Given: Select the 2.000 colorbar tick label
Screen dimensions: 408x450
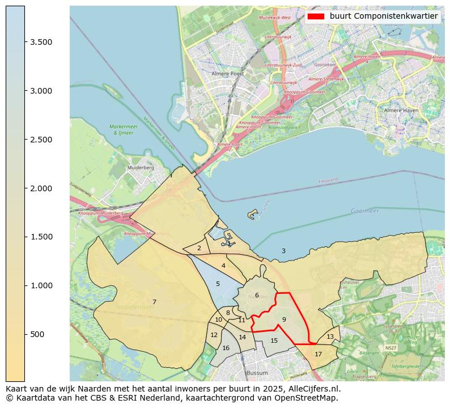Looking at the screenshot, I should pos(41,188).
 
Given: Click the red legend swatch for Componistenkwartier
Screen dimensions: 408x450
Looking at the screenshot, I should pos(315,16).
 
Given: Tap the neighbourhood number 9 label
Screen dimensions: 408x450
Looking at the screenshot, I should pos(284,319).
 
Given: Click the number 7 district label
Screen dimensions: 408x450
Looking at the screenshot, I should pos(154,302).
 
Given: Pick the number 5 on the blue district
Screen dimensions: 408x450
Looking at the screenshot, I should pos(218,284).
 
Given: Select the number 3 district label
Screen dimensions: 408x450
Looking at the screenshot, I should pos(283,251).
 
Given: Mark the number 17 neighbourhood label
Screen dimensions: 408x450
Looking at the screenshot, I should pos(318,354).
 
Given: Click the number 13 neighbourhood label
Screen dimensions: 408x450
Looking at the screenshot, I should pos(330,337).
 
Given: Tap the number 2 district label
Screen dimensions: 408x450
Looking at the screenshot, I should pos(199,248).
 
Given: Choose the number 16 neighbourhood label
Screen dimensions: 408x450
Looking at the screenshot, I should pos(226,348).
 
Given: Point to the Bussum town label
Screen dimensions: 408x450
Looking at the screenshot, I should pos(257,373).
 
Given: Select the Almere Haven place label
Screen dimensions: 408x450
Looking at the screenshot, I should pos(401,110).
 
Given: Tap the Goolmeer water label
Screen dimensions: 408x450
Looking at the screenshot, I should pos(364,211).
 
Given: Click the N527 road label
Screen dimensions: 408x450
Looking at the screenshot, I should pos(390,347).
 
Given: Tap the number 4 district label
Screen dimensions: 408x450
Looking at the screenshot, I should pos(223,266).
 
